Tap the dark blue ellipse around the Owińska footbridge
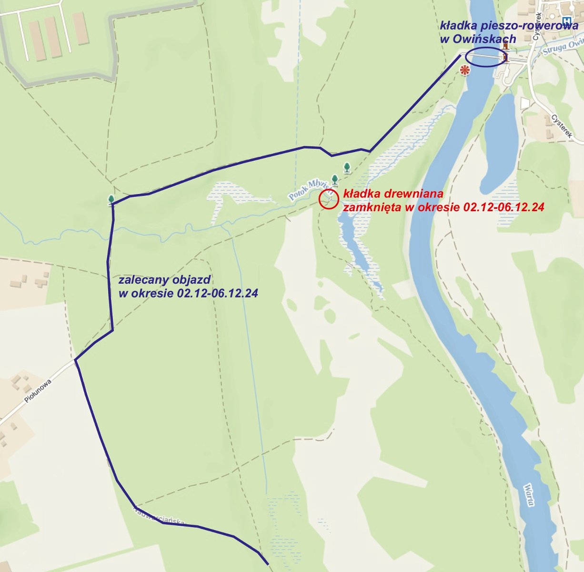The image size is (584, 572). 485,57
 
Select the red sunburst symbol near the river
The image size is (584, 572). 464,70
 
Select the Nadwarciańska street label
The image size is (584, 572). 159,516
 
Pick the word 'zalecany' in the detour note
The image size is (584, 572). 140,279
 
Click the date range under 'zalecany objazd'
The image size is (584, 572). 218,293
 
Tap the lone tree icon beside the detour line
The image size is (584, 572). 111,200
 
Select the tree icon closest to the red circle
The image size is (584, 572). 335,180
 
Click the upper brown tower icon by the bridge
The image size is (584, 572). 506,46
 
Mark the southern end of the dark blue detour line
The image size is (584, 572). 268,564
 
